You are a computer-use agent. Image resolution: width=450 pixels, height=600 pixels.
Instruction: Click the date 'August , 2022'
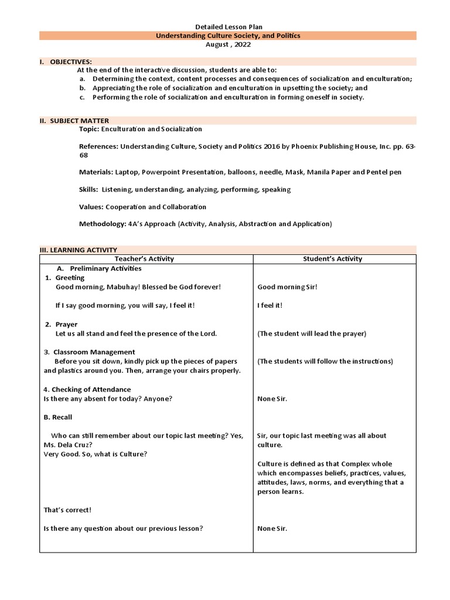pyautogui.click(x=228, y=44)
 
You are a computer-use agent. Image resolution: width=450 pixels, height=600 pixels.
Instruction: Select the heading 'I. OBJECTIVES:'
pyautogui.click(x=65, y=62)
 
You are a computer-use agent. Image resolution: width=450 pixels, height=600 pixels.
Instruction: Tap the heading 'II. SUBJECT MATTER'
pyautogui.click(x=74, y=120)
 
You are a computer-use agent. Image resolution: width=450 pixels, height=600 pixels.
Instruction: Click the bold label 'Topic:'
pyautogui.click(x=89, y=129)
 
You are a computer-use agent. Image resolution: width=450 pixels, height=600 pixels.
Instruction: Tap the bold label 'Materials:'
pyautogui.click(x=96, y=172)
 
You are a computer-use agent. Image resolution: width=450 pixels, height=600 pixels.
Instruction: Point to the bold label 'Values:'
pyautogui.click(x=91, y=207)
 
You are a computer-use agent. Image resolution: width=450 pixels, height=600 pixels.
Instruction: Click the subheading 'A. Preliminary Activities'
pyautogui.click(x=99, y=268)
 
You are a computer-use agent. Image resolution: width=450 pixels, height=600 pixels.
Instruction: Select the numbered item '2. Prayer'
pyautogui.click(x=61, y=324)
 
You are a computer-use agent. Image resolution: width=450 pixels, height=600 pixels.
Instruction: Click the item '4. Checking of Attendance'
pyautogui.click(x=87, y=389)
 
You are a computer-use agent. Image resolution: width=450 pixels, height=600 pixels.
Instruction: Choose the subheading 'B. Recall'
pyautogui.click(x=58, y=417)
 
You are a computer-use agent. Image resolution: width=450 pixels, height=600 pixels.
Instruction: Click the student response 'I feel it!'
pyautogui.click(x=270, y=306)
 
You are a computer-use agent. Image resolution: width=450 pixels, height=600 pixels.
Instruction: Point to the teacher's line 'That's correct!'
pyautogui.click(x=67, y=510)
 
